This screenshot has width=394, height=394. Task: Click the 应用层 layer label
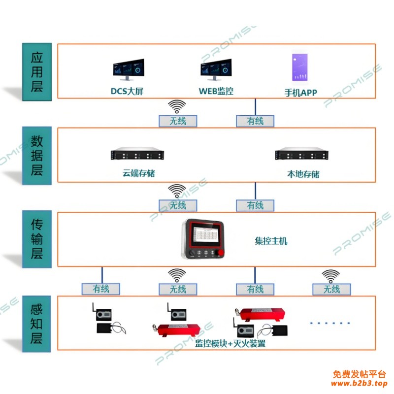(x=37, y=72)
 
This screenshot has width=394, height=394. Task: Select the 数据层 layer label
(x=37, y=156)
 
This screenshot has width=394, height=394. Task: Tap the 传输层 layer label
(x=37, y=240)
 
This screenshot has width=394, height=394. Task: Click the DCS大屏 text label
(x=127, y=92)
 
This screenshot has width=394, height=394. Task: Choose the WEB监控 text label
(x=216, y=91)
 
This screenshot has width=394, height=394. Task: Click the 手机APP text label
(x=301, y=93)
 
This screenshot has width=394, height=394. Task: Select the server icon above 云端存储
(x=137, y=155)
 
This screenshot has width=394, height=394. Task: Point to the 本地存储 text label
(x=303, y=174)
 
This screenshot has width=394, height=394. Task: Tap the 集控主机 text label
(x=271, y=241)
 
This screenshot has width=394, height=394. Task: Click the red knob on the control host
(x=221, y=254)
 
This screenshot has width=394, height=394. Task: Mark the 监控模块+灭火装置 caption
(x=230, y=344)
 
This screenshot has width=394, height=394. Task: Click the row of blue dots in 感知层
(x=329, y=323)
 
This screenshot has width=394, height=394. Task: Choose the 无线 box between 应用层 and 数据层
(x=177, y=121)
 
